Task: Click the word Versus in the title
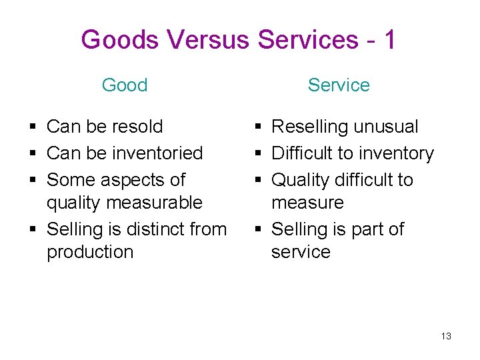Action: point(208,40)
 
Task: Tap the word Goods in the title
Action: point(120,40)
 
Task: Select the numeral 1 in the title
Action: point(389,40)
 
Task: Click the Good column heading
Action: point(125,85)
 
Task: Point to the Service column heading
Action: point(339,85)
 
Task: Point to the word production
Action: point(90,252)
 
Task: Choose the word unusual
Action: point(386,127)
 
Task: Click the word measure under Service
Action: point(307,203)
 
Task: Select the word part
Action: point(367,229)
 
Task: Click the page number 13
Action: point(446,336)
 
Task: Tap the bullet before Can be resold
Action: point(33,127)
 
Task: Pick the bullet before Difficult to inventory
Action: point(257,153)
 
